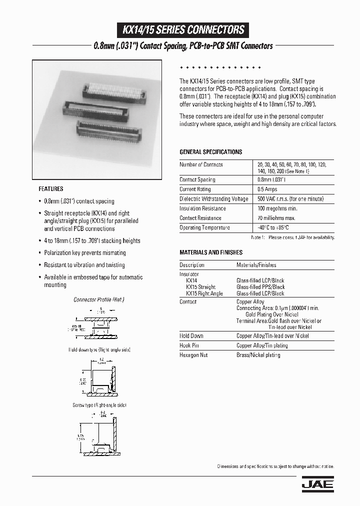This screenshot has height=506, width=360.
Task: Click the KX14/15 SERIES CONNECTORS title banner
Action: coord(183,30)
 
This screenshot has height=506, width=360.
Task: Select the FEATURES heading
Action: coord(51,189)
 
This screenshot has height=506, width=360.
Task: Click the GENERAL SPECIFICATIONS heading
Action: coord(210,152)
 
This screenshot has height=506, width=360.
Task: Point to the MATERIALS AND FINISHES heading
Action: coord(211,252)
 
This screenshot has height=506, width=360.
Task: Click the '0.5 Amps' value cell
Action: coord(267,189)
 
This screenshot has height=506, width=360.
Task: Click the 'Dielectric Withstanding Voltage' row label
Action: coord(213,199)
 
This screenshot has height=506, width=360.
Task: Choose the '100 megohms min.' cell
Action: coord(277,208)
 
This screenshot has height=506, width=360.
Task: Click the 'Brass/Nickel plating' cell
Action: coord(258,355)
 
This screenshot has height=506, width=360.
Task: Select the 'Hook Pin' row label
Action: coord(189,345)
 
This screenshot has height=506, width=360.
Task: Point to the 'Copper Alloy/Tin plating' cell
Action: coord(262,345)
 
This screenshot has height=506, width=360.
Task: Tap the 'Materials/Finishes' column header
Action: coord(256,265)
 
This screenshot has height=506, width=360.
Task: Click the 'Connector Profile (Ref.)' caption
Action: coord(98,299)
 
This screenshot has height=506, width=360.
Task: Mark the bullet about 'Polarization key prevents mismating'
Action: coord(84,253)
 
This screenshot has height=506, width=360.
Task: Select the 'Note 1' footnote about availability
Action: coord(292,237)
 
